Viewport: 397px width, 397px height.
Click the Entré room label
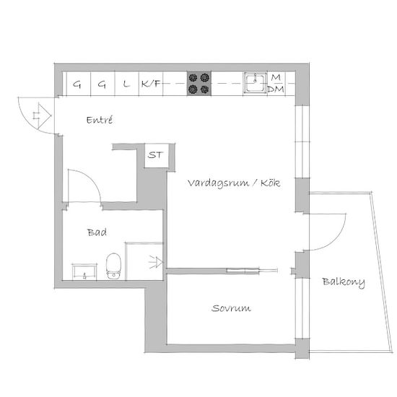click(100, 120)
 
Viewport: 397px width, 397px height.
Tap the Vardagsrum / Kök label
click(234, 183)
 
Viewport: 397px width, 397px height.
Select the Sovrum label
click(231, 308)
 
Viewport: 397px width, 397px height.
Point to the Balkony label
click(344, 282)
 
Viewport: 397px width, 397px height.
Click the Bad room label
click(97, 232)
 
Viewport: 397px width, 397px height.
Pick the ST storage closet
click(157, 155)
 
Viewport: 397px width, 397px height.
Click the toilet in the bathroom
click(113, 266)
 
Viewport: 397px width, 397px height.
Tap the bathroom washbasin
click(84, 271)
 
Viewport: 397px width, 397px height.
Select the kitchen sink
click(256, 83)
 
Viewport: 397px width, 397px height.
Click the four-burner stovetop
click(199, 83)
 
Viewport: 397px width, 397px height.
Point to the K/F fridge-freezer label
click(151, 83)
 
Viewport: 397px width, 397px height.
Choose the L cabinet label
click(126, 84)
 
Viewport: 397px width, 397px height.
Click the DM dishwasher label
click(276, 89)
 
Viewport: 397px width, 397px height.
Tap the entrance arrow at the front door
click(42, 115)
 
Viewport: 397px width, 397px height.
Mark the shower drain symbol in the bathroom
click(156, 262)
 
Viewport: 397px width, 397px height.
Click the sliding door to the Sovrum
click(252, 271)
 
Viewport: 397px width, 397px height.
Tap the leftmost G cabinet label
click(77, 84)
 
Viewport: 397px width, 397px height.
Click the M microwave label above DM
click(276, 77)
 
